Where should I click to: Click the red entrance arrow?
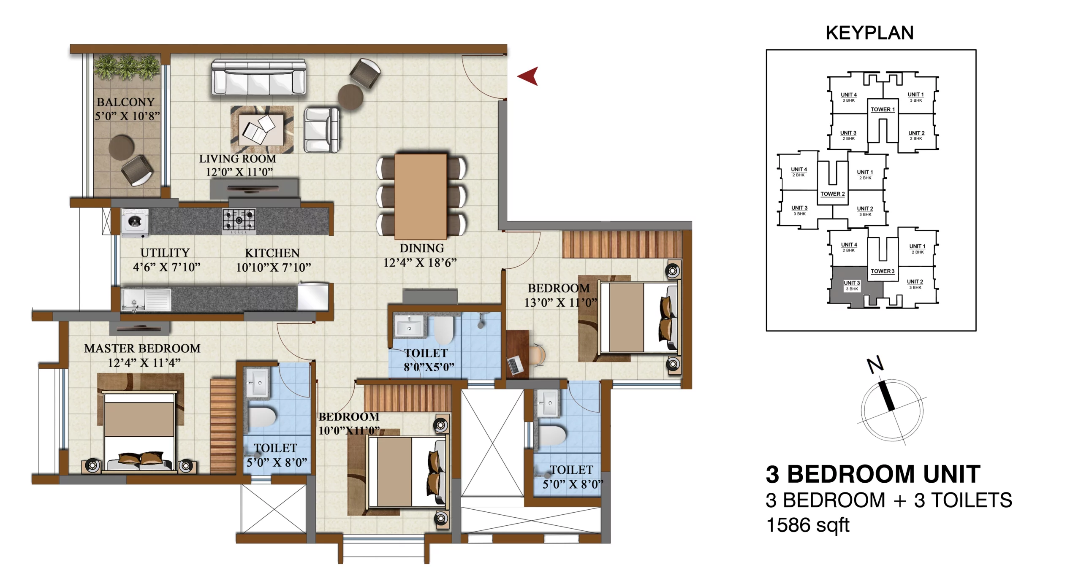click(528, 76)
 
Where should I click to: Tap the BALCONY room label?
click(126, 102)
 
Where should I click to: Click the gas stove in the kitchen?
click(239, 221)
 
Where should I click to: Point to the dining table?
click(421, 197)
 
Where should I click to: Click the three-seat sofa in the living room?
click(258, 77)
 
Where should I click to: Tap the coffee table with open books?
click(261, 129)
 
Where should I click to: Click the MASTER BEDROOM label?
click(142, 349)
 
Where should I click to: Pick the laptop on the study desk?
click(515, 365)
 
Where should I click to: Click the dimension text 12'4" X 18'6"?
click(420, 263)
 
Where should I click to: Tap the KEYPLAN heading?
click(869, 33)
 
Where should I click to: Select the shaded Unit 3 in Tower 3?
click(852, 285)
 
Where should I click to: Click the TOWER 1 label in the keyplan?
click(883, 109)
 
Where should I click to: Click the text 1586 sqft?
click(807, 525)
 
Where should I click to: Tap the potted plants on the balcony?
click(127, 67)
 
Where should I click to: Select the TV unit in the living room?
click(254, 189)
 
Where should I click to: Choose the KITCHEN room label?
click(272, 253)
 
